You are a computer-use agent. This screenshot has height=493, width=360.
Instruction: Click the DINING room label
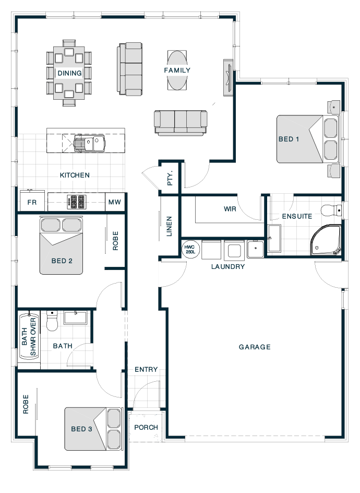pyautogui.click(x=69, y=73)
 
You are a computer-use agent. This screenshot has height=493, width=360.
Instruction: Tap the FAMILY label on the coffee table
pyautogui.click(x=177, y=71)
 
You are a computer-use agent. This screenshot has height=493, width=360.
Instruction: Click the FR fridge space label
pyautogui.click(x=32, y=202)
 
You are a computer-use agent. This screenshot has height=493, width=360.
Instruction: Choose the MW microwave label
pyautogui.click(x=115, y=202)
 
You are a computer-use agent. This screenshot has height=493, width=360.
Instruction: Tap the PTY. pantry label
pyautogui.click(x=170, y=178)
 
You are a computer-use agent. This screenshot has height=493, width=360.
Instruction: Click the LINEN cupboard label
pyautogui.click(x=169, y=226)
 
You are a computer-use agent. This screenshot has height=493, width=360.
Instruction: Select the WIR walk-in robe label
pyautogui.click(x=230, y=209)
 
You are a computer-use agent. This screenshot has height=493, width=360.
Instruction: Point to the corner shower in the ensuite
pyautogui.click(x=326, y=240)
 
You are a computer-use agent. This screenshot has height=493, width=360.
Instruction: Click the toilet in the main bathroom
pyautogui.click(x=52, y=321)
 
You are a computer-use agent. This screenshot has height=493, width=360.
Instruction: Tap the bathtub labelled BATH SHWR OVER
pyautogui.click(x=29, y=337)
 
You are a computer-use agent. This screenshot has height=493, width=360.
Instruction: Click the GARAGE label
pyautogui.click(x=255, y=347)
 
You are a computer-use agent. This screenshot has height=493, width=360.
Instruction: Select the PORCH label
pyautogui.click(x=146, y=428)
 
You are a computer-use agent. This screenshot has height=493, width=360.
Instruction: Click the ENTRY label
pyautogui.click(x=146, y=370)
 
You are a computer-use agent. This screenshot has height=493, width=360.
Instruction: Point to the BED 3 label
pyautogui.click(x=82, y=429)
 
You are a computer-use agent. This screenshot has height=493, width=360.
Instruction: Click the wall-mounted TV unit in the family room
pyautogui.click(x=229, y=78)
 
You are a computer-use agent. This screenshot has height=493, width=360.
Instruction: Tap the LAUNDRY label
pyautogui.click(x=228, y=267)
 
